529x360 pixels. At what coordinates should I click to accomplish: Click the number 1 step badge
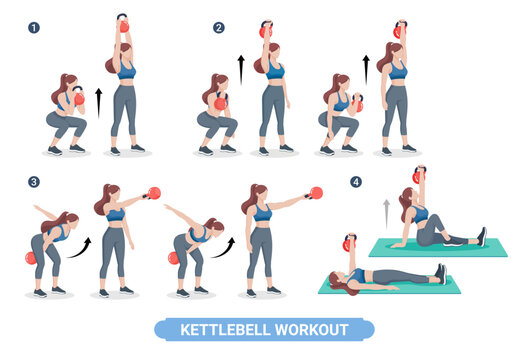pyautogui.click(x=33, y=28)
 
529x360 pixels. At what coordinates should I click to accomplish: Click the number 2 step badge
pyautogui.click(x=219, y=28)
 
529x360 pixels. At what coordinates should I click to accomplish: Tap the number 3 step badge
pyautogui.click(x=33, y=183)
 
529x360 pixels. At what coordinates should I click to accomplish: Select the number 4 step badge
pyautogui.click(x=355, y=182)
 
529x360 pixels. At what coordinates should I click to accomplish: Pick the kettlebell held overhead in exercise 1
pyautogui.click(x=123, y=24)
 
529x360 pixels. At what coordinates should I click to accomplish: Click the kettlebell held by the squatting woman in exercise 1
pyautogui.click(x=78, y=98)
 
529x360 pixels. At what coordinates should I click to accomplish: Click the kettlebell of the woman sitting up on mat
pyautogui.click(x=418, y=176)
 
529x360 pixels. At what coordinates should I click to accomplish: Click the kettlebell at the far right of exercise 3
pyautogui.click(x=316, y=193)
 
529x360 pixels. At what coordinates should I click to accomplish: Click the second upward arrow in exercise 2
pyautogui.click(x=366, y=70)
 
